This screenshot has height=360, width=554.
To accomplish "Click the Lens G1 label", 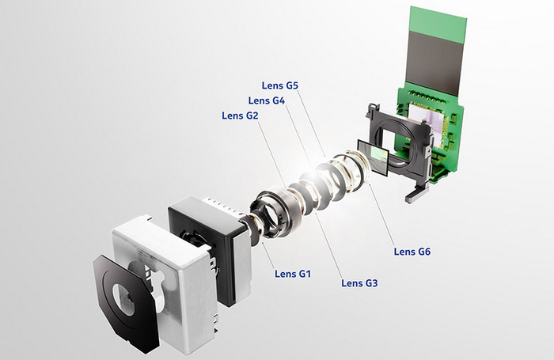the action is pos(293,274).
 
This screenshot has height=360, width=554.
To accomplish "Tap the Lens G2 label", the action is pos(240,116).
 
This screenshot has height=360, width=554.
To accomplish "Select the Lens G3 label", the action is pos(359,283).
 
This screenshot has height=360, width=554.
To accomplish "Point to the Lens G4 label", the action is pos(267,100).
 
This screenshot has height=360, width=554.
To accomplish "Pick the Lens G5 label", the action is pos(280,85).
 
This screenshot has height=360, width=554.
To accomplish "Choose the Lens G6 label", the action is pos(412,252).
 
